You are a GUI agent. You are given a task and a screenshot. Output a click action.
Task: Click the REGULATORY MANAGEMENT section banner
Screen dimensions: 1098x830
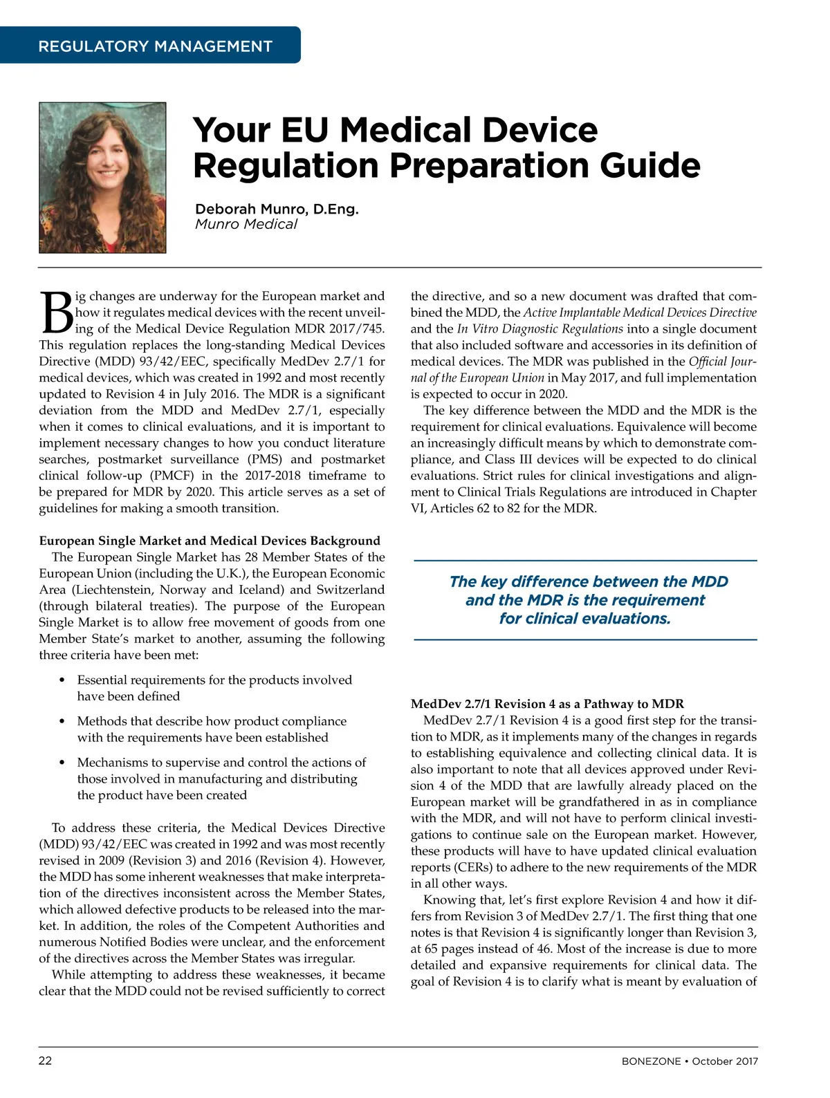click(155, 46)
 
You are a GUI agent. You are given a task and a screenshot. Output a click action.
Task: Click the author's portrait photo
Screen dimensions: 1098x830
click(102, 178)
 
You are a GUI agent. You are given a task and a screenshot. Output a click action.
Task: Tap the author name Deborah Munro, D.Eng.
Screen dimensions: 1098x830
click(277, 209)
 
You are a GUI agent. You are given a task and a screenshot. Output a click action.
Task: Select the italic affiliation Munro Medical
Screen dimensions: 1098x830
click(246, 224)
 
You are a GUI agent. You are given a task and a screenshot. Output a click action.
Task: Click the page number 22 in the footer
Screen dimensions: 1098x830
click(45, 1061)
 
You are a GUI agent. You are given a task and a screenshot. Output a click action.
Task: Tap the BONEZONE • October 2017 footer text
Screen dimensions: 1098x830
click(689, 1061)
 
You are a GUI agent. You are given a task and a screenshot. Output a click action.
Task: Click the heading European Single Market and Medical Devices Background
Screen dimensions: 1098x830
click(210, 541)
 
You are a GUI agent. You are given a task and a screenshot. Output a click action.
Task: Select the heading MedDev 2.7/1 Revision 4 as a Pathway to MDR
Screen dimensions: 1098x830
click(547, 704)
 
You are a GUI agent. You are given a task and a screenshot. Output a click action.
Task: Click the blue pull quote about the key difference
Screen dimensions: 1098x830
click(585, 600)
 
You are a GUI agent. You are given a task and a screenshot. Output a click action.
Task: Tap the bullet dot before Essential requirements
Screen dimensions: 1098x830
click(62, 680)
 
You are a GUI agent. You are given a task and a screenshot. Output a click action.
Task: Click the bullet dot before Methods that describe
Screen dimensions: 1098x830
click(62, 721)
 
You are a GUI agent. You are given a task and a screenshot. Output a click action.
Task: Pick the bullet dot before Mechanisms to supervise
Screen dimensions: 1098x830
click(62, 763)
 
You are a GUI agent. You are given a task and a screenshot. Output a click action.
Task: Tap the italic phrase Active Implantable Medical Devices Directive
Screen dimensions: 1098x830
click(640, 313)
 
